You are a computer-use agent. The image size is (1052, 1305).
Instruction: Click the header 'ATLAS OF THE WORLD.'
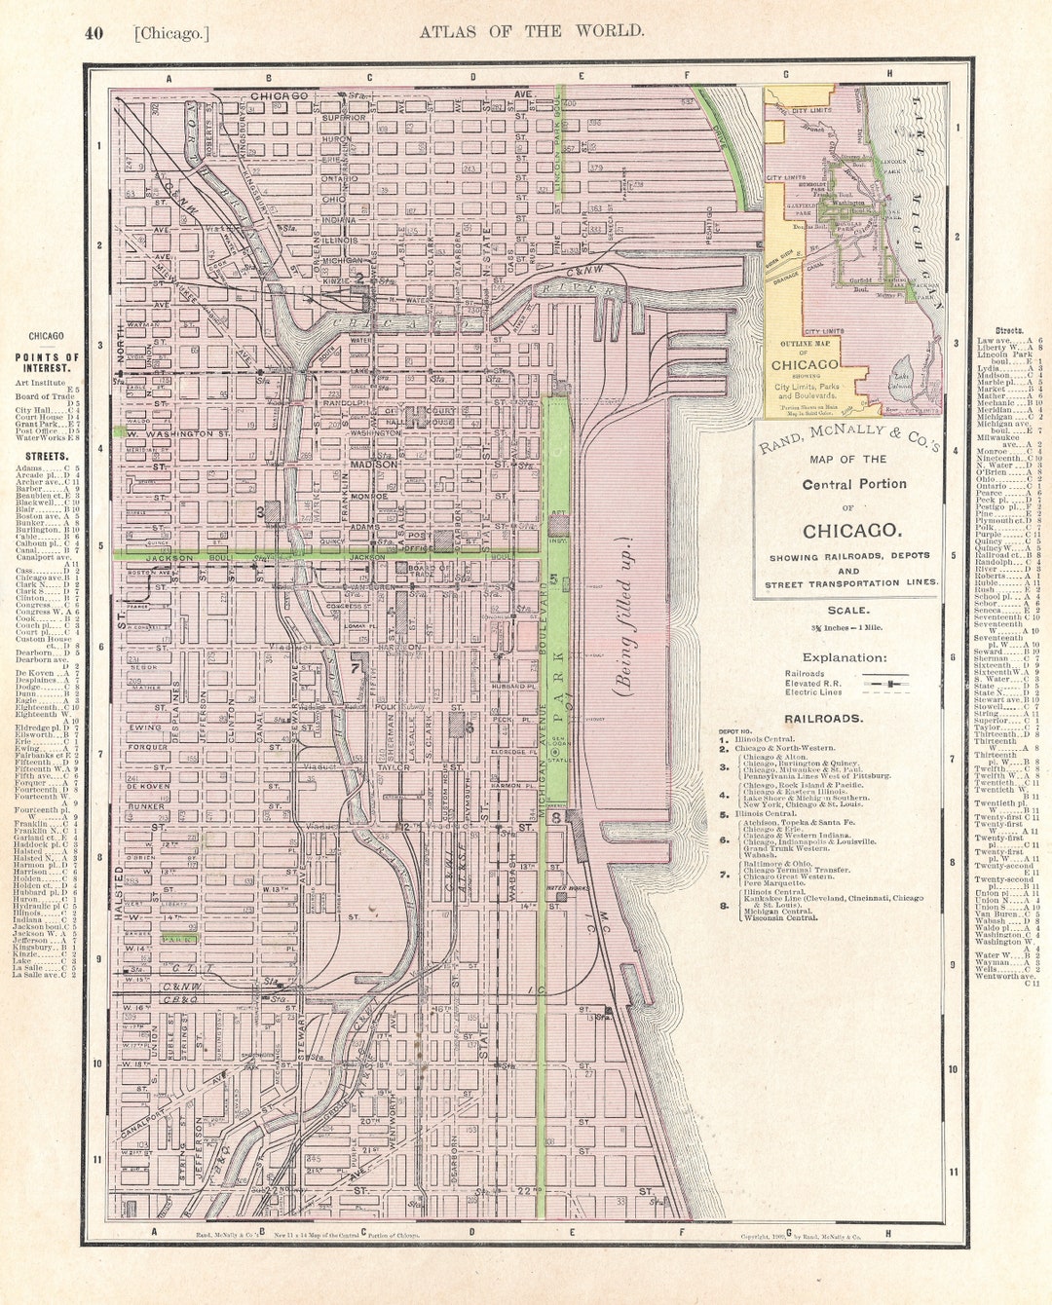[531, 31]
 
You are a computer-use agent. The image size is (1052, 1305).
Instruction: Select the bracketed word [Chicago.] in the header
[171, 33]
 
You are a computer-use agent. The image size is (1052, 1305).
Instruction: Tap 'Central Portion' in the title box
[854, 484]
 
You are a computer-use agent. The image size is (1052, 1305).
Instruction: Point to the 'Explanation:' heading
[845, 657]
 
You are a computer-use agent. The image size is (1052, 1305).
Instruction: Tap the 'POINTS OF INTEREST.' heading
[47, 363]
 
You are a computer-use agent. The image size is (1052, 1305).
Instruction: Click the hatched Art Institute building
[559, 525]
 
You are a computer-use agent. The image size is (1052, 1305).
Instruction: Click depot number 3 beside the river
[261, 511]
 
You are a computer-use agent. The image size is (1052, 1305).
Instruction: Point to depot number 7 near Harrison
[356, 668]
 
